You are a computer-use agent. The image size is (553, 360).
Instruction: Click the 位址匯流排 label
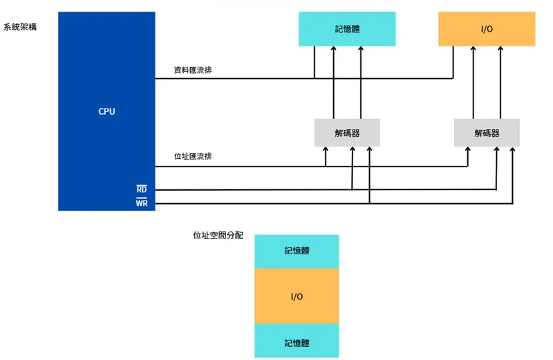[x=193, y=156]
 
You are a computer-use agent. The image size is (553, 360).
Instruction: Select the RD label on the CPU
[x=141, y=189]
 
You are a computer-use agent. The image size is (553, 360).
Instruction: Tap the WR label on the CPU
[x=141, y=203]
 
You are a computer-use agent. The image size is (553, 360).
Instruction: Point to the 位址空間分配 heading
[x=218, y=235]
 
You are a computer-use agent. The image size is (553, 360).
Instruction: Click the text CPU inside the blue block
[x=106, y=111]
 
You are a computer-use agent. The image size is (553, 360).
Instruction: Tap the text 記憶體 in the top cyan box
[x=347, y=30]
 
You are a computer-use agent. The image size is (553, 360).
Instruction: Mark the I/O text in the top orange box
[x=487, y=30]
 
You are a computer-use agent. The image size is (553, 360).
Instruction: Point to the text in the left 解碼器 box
[x=347, y=133]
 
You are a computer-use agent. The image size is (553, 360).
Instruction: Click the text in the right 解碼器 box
[x=487, y=133]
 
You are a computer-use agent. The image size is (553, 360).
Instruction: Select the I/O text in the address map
[x=297, y=296]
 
